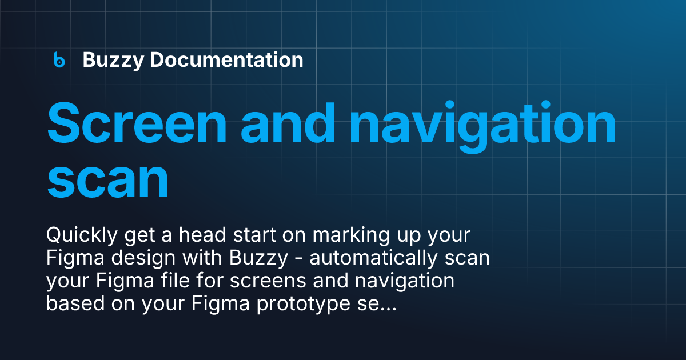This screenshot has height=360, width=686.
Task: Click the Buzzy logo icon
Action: pos(59,59)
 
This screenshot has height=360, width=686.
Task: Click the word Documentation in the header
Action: pos(226,59)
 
